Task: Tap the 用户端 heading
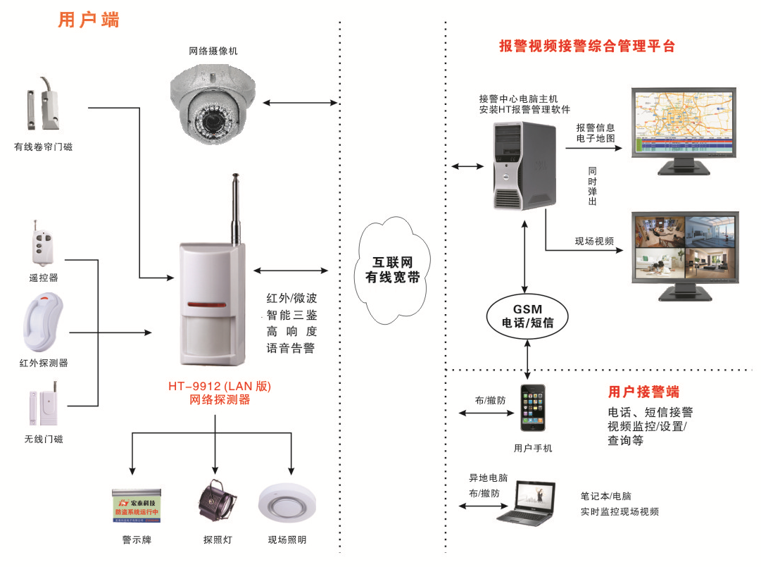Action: point(89,20)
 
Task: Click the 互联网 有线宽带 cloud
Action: point(392,270)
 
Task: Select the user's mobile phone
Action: point(534,409)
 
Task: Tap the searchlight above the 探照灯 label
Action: point(214,502)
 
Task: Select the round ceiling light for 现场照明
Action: point(286,504)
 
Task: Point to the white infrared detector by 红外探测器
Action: point(42,322)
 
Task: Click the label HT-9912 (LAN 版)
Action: point(219,387)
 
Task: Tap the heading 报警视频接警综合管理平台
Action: point(586,46)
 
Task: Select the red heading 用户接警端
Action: point(643,392)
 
